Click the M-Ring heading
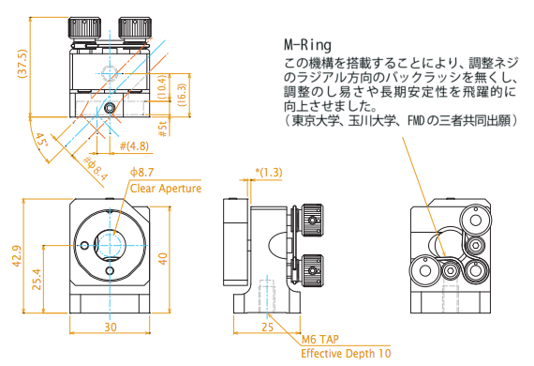click(307, 45)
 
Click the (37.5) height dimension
click(23, 64)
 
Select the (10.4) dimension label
click(163, 87)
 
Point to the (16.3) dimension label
click(183, 95)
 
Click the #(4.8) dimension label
click(134, 146)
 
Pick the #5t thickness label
click(163, 129)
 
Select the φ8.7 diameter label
click(141, 173)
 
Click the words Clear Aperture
click(166, 189)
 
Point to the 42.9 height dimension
click(17, 256)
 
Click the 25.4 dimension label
click(37, 280)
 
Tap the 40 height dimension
click(163, 259)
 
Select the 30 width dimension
click(111, 328)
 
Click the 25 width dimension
click(267, 328)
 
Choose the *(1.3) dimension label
click(269, 173)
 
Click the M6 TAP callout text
click(320, 340)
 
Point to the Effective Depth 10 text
click(346, 354)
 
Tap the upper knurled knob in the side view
click(313, 220)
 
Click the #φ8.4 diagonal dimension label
click(96, 168)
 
